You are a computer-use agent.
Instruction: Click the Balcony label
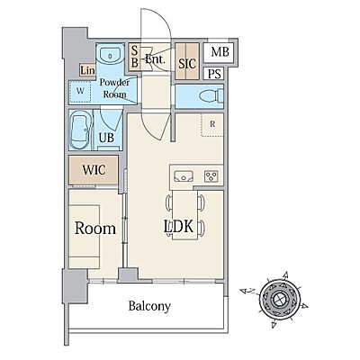click(x=149, y=306)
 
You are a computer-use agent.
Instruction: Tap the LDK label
click(x=178, y=227)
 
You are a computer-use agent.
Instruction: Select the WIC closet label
click(x=94, y=170)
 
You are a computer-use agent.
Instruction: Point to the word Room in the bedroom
click(x=95, y=229)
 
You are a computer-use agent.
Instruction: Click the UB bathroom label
click(x=106, y=138)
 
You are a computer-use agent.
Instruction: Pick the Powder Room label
click(x=114, y=88)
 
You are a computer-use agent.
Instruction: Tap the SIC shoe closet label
click(x=187, y=63)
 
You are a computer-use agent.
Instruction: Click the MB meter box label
click(x=220, y=52)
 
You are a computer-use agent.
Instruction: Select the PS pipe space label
click(x=214, y=74)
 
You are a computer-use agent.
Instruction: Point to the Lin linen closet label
click(x=87, y=70)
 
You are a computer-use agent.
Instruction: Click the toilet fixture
click(x=211, y=96)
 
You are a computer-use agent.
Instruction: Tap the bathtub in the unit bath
click(x=79, y=130)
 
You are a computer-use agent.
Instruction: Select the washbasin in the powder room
click(x=110, y=56)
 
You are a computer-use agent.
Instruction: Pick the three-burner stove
click(x=211, y=176)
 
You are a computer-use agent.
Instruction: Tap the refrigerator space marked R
click(x=212, y=124)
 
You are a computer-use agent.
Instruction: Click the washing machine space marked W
click(x=80, y=91)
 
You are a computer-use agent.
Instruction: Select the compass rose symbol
click(x=280, y=299)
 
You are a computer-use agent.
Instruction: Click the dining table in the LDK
click(x=184, y=215)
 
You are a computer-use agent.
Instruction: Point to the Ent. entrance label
click(x=156, y=58)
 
